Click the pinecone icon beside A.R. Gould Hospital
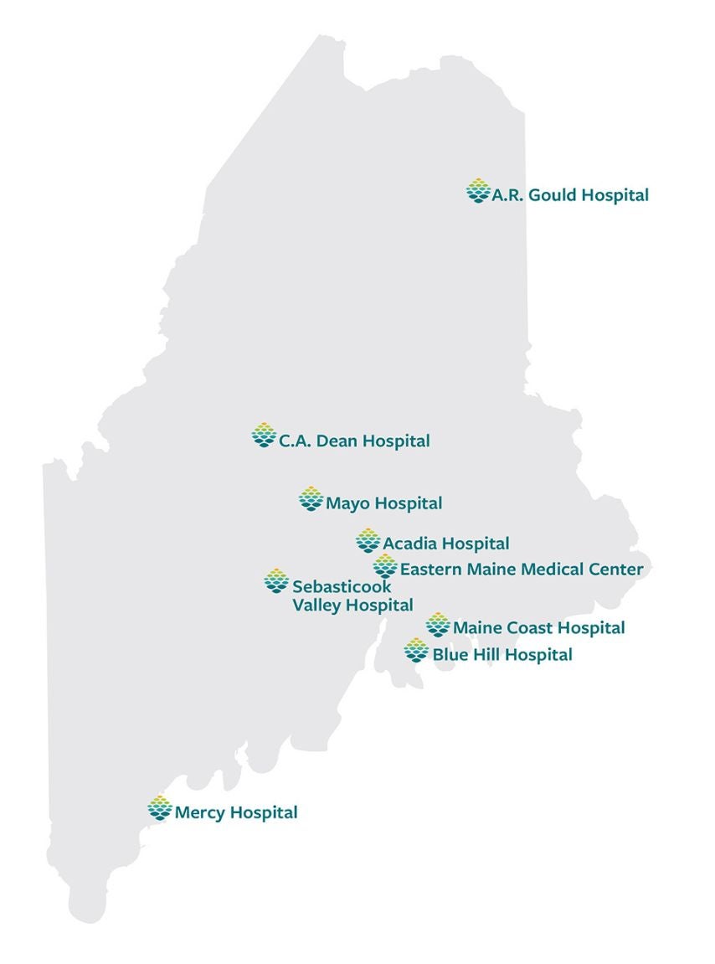pyautogui.click(x=477, y=191)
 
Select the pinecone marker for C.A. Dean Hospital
pyautogui.click(x=264, y=436)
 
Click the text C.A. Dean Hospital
pyautogui.click(x=354, y=441)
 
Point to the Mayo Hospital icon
pyautogui.click(x=311, y=498)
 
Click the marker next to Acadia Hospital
pyautogui.click(x=368, y=541)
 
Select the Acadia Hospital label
pyautogui.click(x=446, y=544)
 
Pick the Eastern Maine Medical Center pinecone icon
pyautogui.click(x=385, y=566)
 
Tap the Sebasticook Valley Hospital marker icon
pyautogui.click(x=276, y=580)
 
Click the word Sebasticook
pyautogui.click(x=342, y=587)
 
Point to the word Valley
pyautogui.click(x=317, y=605)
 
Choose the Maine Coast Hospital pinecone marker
pyautogui.click(x=437, y=625)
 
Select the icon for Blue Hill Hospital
pyautogui.click(x=416, y=650)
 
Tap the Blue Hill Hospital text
pyautogui.click(x=502, y=654)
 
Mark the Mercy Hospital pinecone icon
pyautogui.click(x=159, y=808)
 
